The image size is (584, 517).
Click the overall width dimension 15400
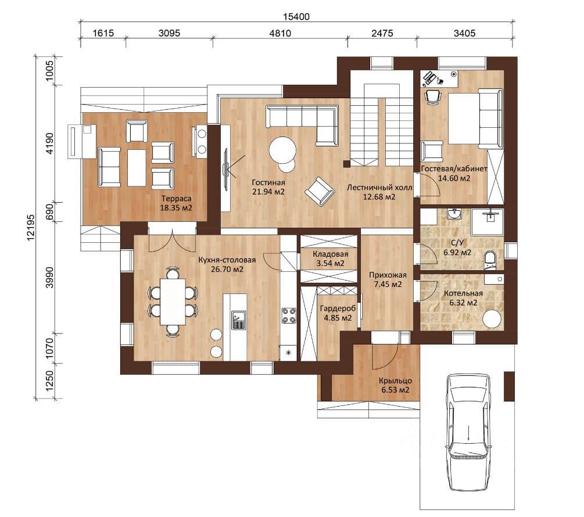296,16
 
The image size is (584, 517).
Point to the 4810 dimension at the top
280,33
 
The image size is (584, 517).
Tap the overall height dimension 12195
31,227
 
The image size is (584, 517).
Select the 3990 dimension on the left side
49,277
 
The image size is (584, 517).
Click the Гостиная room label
268,182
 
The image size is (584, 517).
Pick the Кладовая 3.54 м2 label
331,258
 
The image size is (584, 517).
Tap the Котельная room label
463,293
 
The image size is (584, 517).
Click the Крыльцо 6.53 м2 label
395,385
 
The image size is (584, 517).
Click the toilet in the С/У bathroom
490,261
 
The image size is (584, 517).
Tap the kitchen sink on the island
238,320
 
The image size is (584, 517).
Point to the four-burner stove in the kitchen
289,315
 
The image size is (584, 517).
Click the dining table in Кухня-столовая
173,301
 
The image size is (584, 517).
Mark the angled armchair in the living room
319,191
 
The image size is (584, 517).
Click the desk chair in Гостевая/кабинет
433,96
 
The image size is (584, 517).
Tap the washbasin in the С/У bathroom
454,214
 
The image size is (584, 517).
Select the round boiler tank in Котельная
492,319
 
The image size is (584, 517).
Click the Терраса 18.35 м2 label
176,203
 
